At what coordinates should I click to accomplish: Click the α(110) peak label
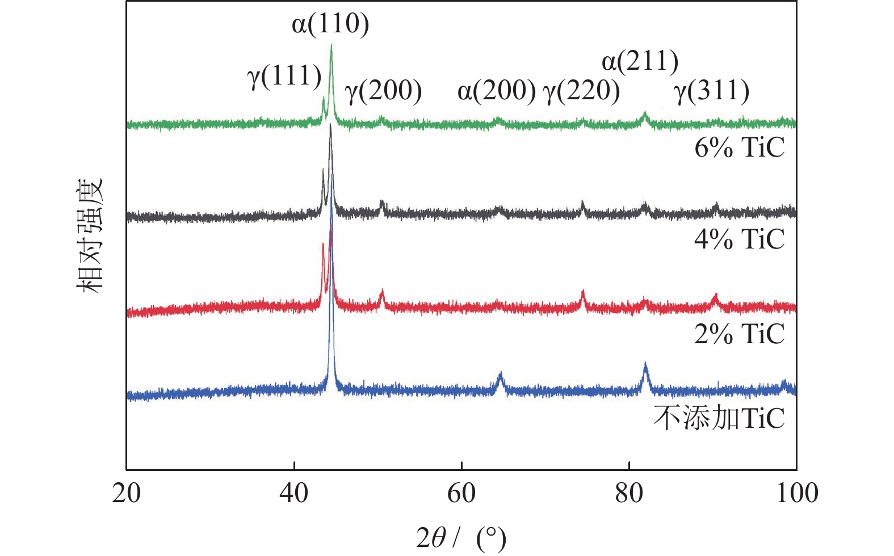[x=330, y=24]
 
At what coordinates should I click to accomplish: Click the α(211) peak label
[x=640, y=61]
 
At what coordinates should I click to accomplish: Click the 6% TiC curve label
[x=739, y=148]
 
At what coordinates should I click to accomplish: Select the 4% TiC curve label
[x=739, y=239]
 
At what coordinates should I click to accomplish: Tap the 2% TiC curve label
[x=739, y=334]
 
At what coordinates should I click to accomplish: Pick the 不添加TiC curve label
[x=719, y=419]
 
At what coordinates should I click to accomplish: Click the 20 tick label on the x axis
[x=126, y=493]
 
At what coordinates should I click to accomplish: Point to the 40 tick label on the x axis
[x=294, y=493]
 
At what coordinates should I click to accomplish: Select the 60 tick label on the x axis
[x=461, y=493]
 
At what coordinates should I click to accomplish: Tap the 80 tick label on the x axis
[x=629, y=493]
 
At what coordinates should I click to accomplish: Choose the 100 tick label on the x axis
[x=796, y=493]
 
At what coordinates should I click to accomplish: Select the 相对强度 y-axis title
[x=90, y=235]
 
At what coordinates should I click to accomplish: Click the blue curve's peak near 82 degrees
[x=645, y=364]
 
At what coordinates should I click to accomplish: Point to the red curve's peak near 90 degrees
[x=715, y=296]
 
